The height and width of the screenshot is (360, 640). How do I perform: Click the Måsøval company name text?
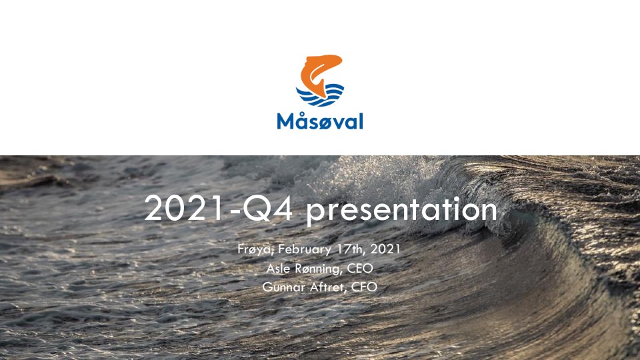[x=320, y=121]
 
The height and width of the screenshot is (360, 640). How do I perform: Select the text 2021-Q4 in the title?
[x=219, y=209]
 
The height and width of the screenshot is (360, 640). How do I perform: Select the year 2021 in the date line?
[x=385, y=249]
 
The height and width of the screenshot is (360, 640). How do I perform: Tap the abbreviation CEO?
[x=360, y=268]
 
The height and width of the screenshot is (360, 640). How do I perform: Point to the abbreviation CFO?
[x=364, y=287]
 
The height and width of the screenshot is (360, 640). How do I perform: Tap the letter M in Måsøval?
[x=285, y=121]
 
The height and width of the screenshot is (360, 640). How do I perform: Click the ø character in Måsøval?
[x=323, y=123]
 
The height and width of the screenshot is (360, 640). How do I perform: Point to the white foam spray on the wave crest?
[x=367, y=179]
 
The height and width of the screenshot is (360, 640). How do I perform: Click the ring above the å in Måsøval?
[x=301, y=113]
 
